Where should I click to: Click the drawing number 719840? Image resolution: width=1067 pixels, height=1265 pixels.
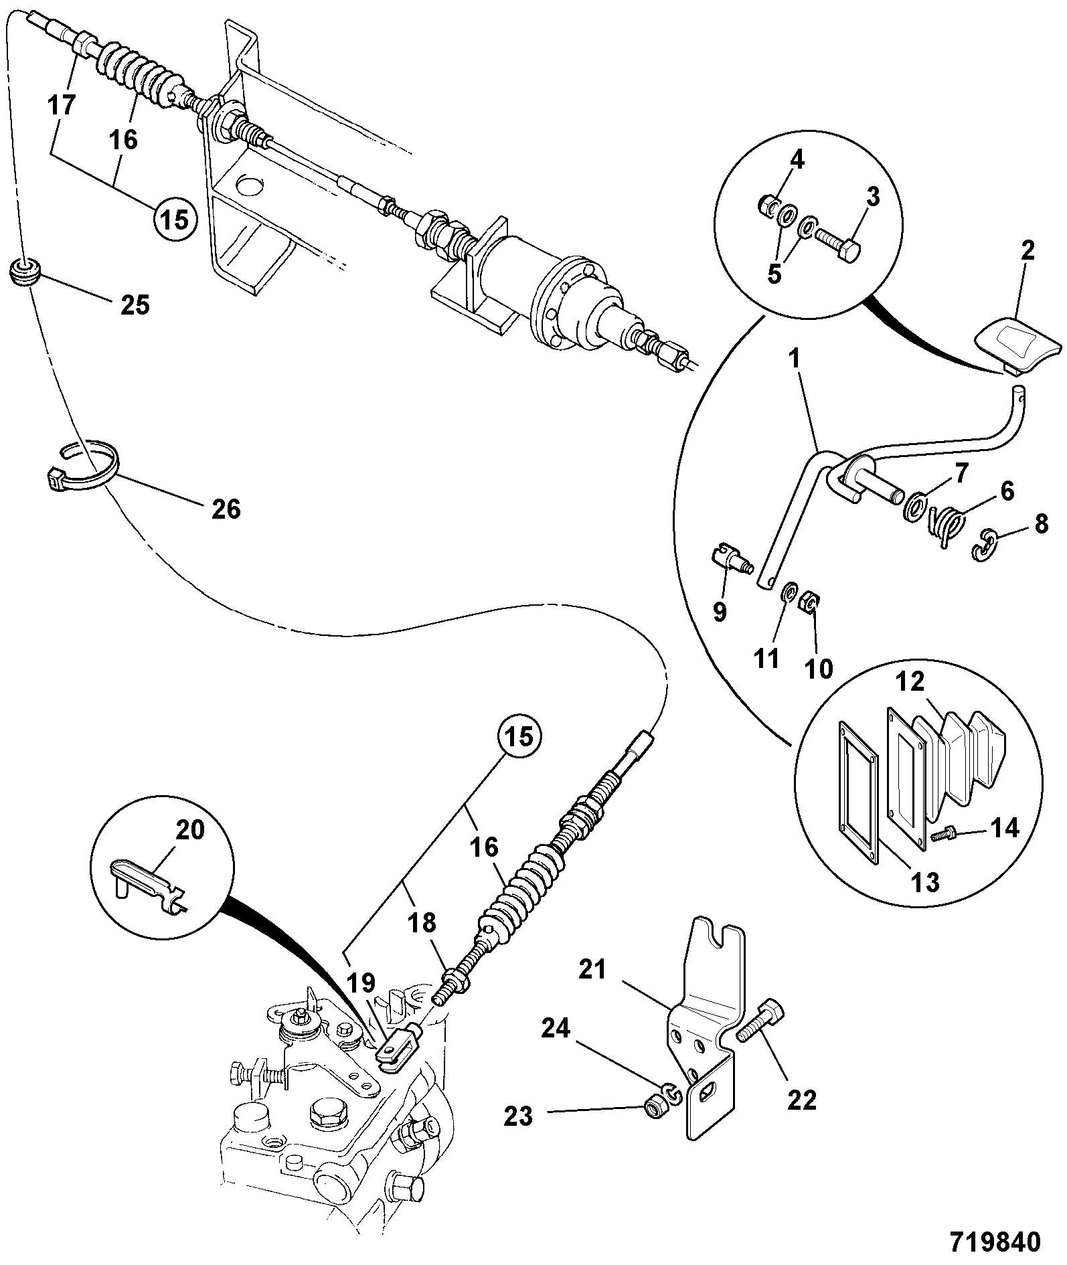click(995, 1240)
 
